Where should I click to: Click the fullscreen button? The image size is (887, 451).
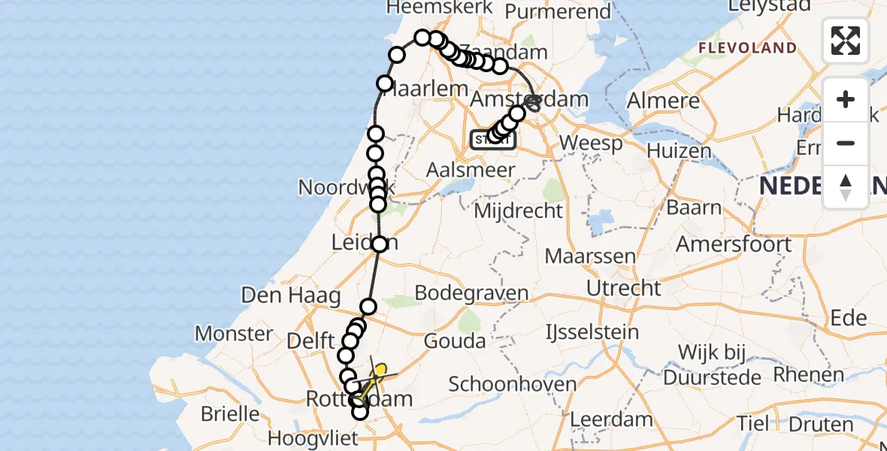[846, 41]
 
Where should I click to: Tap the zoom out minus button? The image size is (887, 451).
[846, 144]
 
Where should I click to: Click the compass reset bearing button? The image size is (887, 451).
[846, 187]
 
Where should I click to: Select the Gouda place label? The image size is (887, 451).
[455, 341]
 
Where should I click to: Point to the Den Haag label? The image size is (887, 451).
[291, 295]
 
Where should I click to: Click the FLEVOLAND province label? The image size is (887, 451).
[747, 48]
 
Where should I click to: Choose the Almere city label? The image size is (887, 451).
[664, 101]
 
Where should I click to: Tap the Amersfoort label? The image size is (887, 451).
[734, 244]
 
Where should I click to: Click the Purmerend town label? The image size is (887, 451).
[558, 11]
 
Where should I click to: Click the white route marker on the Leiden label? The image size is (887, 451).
[379, 244]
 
